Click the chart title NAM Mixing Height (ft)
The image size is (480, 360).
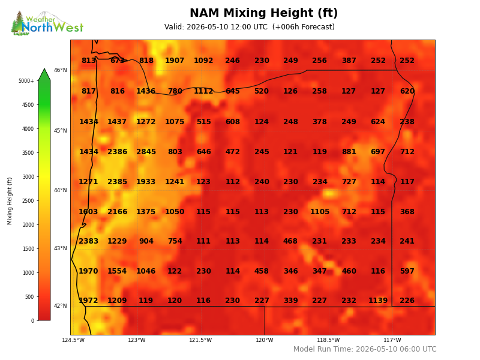(x=263, y=13)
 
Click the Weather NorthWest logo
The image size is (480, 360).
(x=47, y=23)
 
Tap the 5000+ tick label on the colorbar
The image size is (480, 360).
(x=26, y=81)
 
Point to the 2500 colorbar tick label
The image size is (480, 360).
(x=28, y=201)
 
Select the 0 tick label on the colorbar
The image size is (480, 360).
(x=32, y=321)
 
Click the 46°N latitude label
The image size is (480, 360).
(x=61, y=70)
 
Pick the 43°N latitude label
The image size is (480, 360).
(x=61, y=248)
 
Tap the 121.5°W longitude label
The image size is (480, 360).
(x=200, y=340)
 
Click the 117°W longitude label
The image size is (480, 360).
(x=392, y=340)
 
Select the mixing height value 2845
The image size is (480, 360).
(x=146, y=152)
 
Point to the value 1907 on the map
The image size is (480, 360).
(x=175, y=61)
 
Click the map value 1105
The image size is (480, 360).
(x=320, y=212)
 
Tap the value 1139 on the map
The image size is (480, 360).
(x=378, y=301)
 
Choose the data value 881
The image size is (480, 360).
(x=349, y=152)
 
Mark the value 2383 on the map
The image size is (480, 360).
(x=88, y=241)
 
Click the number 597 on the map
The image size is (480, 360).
(x=407, y=271)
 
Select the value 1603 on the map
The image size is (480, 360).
(x=88, y=212)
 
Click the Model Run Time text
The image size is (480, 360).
(x=365, y=349)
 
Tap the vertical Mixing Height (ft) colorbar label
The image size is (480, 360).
(x=10, y=201)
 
